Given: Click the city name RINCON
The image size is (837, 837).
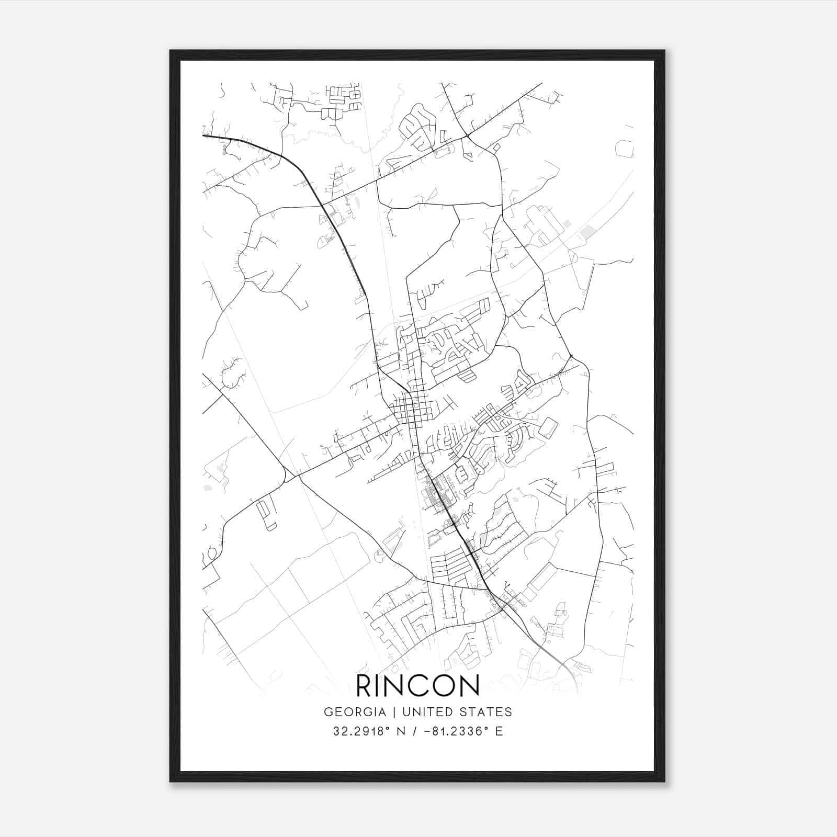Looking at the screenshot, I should [x=417, y=686].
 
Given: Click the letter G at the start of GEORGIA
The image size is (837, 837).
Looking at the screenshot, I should [x=328, y=712].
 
